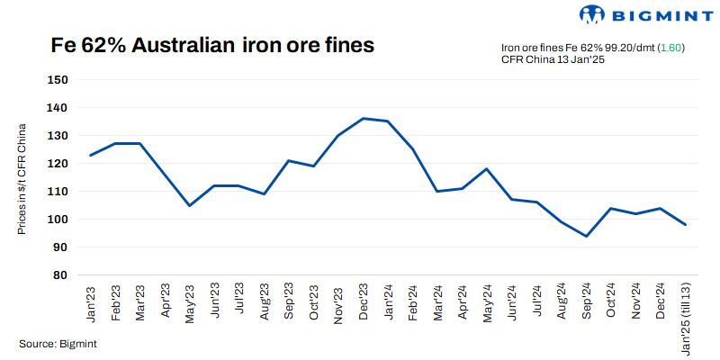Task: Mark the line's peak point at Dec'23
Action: click(x=364, y=118)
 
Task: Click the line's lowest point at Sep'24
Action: click(x=587, y=236)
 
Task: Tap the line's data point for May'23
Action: click(x=190, y=205)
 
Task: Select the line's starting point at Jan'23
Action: click(x=91, y=155)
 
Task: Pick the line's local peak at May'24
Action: click(x=487, y=168)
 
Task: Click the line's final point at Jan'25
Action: click(x=686, y=224)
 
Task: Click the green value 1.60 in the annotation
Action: click(x=671, y=48)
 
